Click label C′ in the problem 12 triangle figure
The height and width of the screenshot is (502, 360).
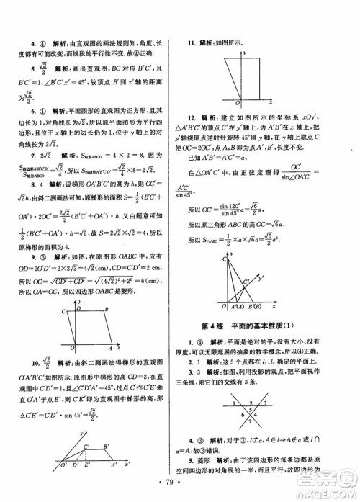click(244, 278)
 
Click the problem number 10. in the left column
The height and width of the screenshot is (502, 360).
click(33, 382)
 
